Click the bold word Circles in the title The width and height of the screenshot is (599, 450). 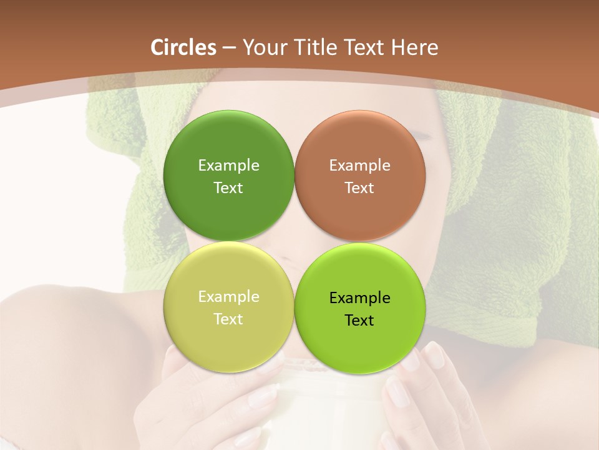[183, 47]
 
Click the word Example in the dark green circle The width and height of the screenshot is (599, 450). [228, 166]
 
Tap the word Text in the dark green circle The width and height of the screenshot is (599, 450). [228, 188]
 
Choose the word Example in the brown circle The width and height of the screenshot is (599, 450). [360, 166]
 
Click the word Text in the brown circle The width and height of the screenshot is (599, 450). [360, 188]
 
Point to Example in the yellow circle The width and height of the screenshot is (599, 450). [228, 297]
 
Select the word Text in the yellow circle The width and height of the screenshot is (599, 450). [228, 319]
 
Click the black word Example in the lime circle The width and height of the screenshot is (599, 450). [360, 298]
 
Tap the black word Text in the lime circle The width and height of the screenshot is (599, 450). [360, 321]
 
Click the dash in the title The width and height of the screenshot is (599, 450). [229, 48]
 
